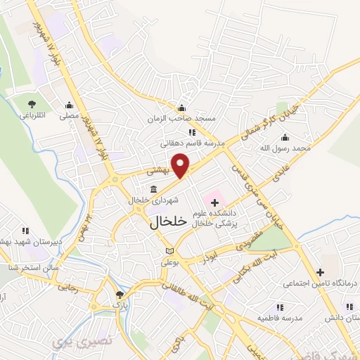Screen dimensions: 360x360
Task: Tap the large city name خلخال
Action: pos(169,221)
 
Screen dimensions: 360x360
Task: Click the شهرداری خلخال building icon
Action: pos(154,188)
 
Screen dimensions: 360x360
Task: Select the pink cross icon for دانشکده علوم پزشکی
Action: pos(215,202)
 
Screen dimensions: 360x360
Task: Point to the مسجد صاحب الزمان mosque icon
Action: pos(182,108)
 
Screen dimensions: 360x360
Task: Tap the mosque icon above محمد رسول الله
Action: pos(304,137)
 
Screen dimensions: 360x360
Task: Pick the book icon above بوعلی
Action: pos(168,251)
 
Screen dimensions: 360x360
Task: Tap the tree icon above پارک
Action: pos(120,296)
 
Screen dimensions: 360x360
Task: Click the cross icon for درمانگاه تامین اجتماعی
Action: pos(320,272)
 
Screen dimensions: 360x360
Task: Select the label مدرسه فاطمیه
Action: pos(279,318)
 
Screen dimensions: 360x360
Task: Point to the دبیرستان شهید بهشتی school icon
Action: pos(26,230)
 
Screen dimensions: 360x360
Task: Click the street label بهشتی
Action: pos(158,171)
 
